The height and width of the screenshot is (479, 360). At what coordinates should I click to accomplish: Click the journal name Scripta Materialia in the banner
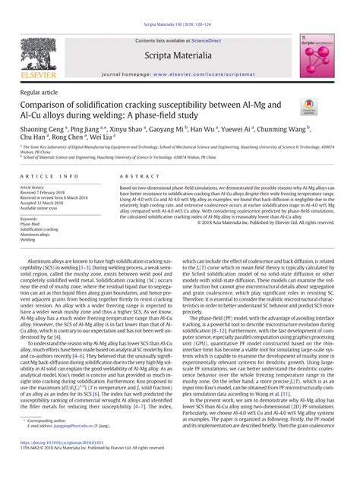pyautogui.click(x=179, y=56)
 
